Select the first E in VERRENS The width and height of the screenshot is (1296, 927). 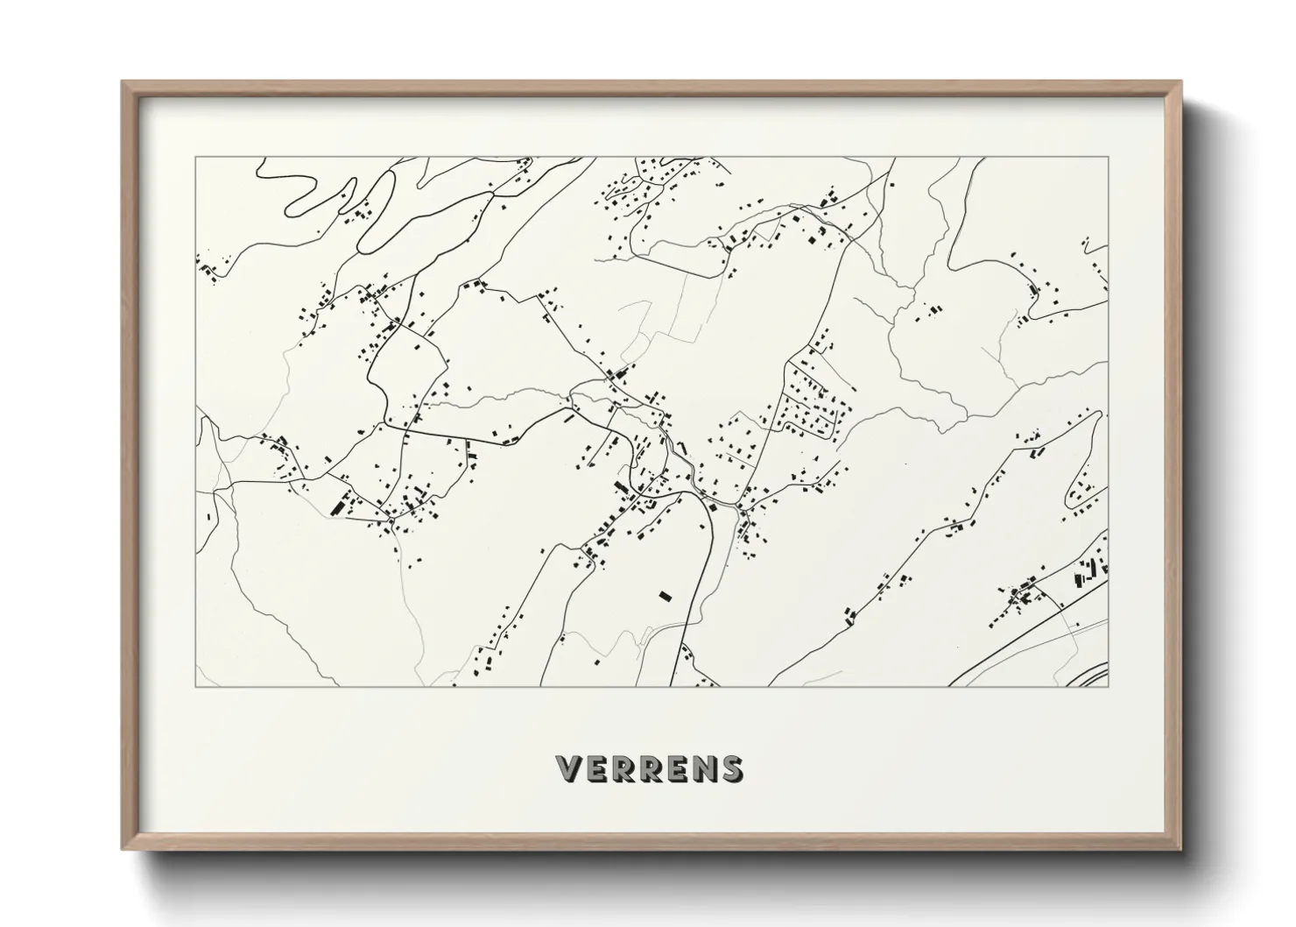[595, 768]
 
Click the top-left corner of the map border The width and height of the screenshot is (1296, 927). [195, 158]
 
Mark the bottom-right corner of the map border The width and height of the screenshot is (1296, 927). [1109, 686]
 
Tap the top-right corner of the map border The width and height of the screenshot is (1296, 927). [1109, 158]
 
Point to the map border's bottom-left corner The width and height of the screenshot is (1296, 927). [195, 686]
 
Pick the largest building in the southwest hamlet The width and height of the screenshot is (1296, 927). [337, 506]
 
